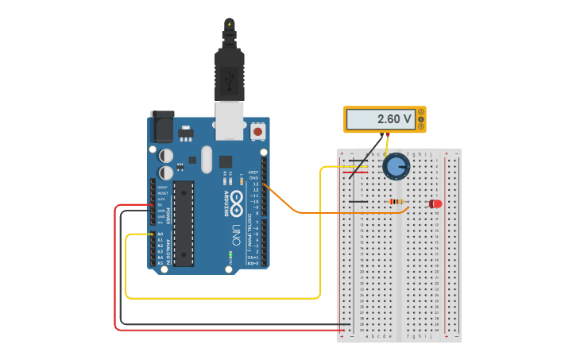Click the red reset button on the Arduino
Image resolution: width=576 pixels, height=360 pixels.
pyautogui.click(x=257, y=130)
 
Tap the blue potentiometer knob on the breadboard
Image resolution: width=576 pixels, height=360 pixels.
pyautogui.click(x=395, y=166)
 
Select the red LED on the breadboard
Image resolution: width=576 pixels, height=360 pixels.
pyautogui.click(x=435, y=203)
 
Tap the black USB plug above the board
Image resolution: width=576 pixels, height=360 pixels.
pyautogui.click(x=229, y=75)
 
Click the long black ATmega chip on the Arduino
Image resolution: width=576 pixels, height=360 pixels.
pyautogui.click(x=184, y=223)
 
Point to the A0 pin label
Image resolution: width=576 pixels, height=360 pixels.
pyautogui.click(x=160, y=234)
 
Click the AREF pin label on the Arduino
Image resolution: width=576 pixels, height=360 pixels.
pyautogui.click(x=253, y=172)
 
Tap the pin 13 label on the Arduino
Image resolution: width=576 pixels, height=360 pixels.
pyautogui.click(x=256, y=184)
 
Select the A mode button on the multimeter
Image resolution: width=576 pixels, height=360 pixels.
pyautogui.click(x=421, y=112)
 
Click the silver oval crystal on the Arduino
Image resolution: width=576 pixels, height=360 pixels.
pyautogui.click(x=207, y=159)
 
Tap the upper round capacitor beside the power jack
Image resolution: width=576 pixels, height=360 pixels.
pyautogui.click(x=166, y=155)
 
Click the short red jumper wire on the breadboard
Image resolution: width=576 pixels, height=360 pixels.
pyautogui.click(x=356, y=172)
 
